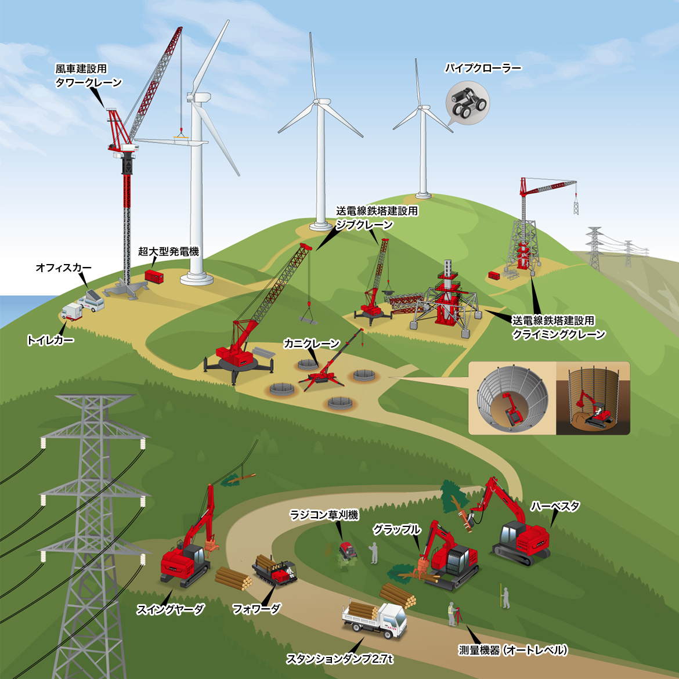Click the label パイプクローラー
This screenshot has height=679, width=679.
[483, 68]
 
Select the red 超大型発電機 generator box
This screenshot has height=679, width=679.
[154, 276]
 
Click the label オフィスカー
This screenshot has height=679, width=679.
[64, 268]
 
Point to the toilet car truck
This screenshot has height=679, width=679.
[71, 312]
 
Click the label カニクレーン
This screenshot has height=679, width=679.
[311, 344]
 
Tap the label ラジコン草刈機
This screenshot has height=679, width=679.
[324, 515]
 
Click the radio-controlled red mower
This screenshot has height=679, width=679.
[348, 550]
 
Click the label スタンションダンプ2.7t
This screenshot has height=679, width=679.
[340, 659]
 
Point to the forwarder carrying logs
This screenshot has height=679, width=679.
[274, 570]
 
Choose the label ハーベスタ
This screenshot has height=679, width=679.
[555, 506]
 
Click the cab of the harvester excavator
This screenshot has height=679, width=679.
[511, 533]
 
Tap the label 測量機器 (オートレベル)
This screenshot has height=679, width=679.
[512, 650]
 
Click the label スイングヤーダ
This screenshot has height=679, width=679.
[170, 609]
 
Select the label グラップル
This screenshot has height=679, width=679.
[396, 529]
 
